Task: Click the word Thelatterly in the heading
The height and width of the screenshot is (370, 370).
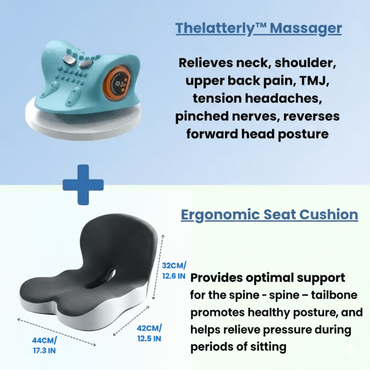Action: [215, 28]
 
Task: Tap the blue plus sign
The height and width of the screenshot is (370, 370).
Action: [83, 185]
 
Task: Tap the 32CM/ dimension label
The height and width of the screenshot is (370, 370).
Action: [174, 265]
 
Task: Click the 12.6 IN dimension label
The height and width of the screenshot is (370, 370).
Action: [174, 276]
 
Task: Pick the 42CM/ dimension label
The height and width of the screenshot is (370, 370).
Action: [149, 328]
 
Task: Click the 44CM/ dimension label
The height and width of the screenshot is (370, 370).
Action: [44, 340]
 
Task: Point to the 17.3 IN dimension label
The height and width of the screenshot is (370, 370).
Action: [44, 351]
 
